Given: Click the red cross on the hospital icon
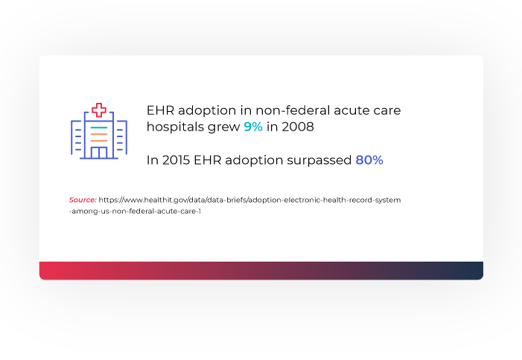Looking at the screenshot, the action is click(99, 110).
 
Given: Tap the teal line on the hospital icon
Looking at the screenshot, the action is click(99, 127).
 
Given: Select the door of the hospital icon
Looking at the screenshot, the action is click(99, 152).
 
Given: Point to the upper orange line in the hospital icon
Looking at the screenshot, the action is click(99, 134).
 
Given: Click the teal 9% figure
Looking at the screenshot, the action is click(253, 127).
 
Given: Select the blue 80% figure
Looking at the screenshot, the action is click(369, 160).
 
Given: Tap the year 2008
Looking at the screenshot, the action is click(298, 127).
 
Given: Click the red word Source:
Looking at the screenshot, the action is click(83, 200).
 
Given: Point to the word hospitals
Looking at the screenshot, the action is click(174, 127).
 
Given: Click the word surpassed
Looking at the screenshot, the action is click(319, 161).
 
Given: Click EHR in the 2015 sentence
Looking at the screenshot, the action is click(208, 160).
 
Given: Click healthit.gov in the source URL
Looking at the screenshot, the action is click(164, 200).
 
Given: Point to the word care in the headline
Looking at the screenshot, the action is click(386, 111).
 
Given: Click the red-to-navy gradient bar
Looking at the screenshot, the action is click(261, 271).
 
